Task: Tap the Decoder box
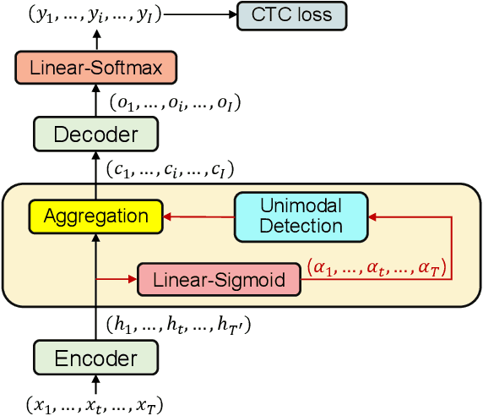coord(95,134)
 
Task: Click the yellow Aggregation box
coord(95,216)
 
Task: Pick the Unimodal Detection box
coord(301,216)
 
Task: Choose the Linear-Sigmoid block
coord(219,277)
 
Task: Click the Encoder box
coord(95,358)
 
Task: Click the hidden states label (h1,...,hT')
coord(178,322)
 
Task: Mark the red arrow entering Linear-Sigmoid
coord(118,277)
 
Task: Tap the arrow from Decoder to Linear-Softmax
coord(95,99)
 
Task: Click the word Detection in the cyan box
coord(301,226)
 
